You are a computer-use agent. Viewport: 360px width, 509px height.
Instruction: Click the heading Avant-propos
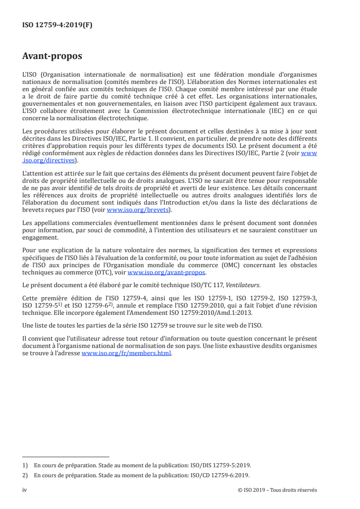click(x=52, y=56)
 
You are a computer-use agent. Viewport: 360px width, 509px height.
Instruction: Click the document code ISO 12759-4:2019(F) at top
click(x=57, y=25)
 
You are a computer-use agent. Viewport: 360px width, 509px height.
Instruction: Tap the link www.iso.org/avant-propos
click(x=167, y=273)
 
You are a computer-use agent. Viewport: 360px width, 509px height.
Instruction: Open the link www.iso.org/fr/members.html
click(x=126, y=354)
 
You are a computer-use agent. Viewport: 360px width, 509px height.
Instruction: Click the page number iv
click(x=25, y=490)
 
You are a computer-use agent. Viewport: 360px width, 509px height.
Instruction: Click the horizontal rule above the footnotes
click(x=66, y=457)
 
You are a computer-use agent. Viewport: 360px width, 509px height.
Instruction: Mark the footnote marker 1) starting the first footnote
click(x=25, y=465)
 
